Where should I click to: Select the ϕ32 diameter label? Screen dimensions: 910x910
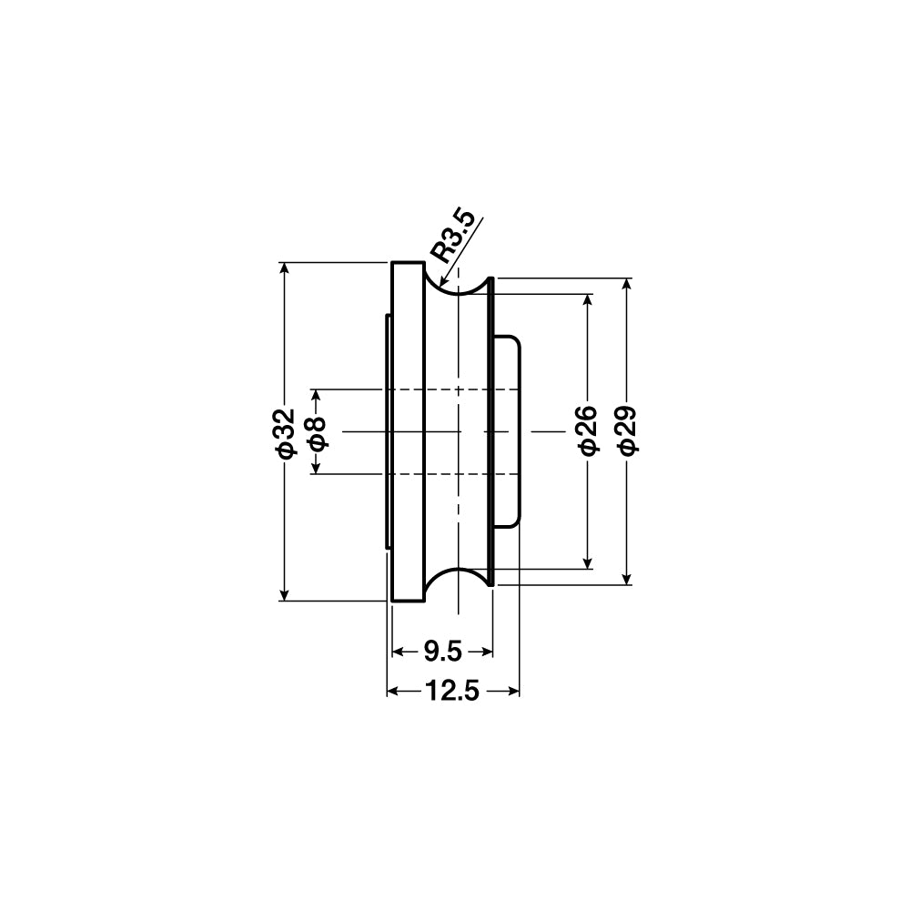click(x=286, y=433)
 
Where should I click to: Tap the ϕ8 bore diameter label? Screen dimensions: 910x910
click(x=318, y=433)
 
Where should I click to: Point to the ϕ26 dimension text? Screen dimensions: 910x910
click(x=588, y=430)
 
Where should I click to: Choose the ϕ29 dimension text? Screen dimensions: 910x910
click(x=627, y=430)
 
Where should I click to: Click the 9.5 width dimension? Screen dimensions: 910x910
click(x=442, y=652)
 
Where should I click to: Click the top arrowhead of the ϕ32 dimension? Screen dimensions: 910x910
click(x=284, y=268)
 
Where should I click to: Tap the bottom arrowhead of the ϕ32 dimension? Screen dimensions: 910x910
click(x=284, y=595)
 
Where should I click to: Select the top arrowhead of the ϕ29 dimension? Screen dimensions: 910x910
click(x=626, y=284)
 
